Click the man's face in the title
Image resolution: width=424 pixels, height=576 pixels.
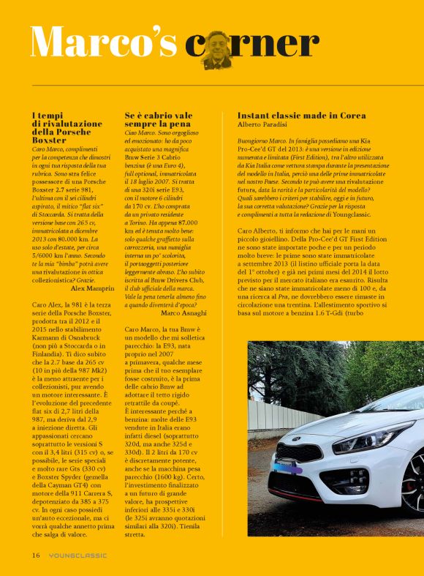pyautogui.click(x=217, y=48)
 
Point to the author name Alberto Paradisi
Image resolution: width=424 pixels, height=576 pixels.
pyautogui.click(x=263, y=126)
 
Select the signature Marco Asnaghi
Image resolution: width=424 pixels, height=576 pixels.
pyautogui.click(x=184, y=313)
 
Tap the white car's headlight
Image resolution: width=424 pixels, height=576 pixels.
pyautogui.click(x=374, y=438)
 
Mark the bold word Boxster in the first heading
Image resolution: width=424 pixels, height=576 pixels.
pyautogui.click(x=50, y=138)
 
